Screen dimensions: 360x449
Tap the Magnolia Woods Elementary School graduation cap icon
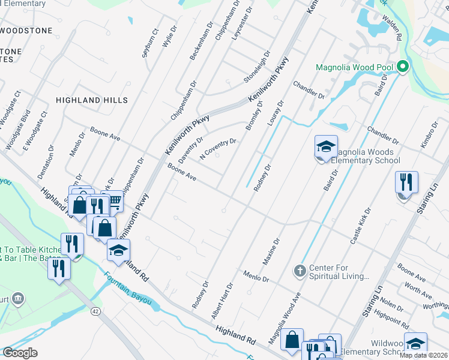(326, 147)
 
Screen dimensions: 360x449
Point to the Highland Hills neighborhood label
(92, 100)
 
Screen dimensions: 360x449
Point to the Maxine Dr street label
(271, 252)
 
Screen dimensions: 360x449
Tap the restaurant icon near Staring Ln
(406, 182)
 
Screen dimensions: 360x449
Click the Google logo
(20, 352)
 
